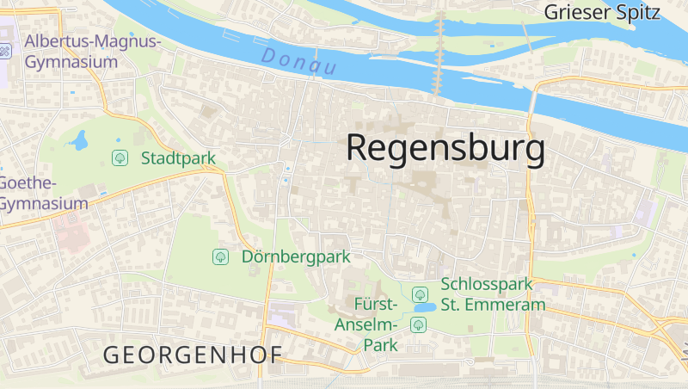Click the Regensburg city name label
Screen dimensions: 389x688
click(x=445, y=149)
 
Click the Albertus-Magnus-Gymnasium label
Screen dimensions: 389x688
click(x=93, y=52)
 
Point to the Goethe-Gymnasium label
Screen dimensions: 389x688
click(x=43, y=194)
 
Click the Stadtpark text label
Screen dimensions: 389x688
click(x=178, y=158)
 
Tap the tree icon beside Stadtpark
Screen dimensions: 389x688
click(x=120, y=157)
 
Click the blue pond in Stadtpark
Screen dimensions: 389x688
click(x=80, y=139)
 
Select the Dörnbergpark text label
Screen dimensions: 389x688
click(x=296, y=256)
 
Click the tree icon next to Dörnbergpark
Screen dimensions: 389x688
click(x=220, y=256)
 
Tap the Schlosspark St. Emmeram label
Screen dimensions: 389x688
click(x=493, y=294)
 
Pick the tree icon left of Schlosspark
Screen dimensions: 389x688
click(x=420, y=294)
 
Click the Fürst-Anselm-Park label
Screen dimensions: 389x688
click(x=376, y=324)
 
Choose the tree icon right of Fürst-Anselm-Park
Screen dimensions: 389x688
click(x=418, y=324)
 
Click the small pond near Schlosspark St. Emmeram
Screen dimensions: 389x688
click(x=423, y=307)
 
